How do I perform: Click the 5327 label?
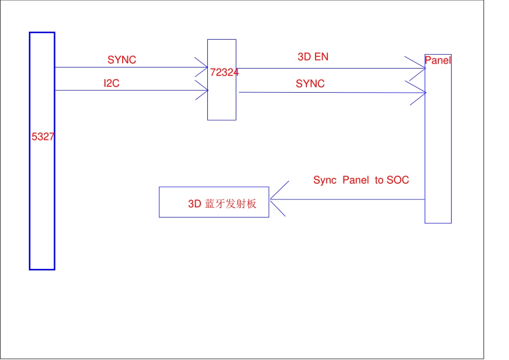click(43, 137)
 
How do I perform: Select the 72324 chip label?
click(224, 72)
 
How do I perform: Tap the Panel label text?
click(438, 61)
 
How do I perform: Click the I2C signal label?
click(111, 84)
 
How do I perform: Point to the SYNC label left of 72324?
click(122, 60)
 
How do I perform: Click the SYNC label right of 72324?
click(310, 84)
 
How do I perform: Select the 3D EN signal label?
click(313, 57)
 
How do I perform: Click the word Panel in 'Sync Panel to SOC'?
click(356, 181)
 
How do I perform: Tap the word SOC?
click(398, 181)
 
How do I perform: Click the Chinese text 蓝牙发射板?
click(231, 204)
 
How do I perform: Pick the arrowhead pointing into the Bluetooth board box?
click(274, 199)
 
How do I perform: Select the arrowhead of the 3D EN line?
click(421, 68)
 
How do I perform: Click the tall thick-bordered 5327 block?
click(42, 214)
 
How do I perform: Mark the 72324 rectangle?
click(222, 102)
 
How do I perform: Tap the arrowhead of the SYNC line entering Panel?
click(421, 93)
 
